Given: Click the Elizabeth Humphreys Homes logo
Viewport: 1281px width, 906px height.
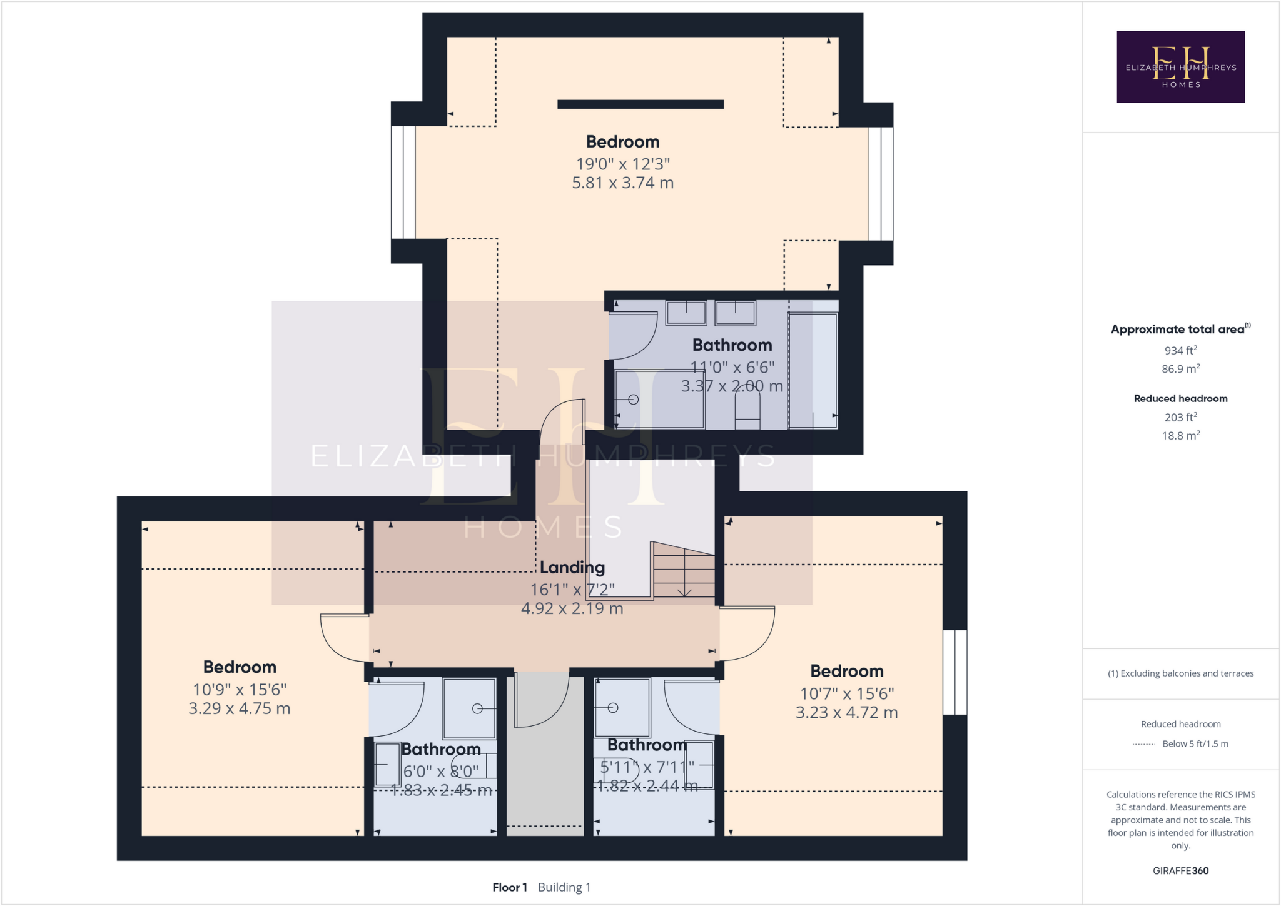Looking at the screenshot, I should pyautogui.click(x=1180, y=67).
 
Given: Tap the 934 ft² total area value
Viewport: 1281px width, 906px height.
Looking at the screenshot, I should pyautogui.click(x=1180, y=351).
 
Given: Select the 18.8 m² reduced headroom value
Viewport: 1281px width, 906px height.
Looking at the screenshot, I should pyautogui.click(x=1180, y=436).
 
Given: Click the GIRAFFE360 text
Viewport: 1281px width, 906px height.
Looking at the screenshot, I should pyautogui.click(x=1180, y=871).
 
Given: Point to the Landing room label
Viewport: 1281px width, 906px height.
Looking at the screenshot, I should pyautogui.click(x=572, y=568).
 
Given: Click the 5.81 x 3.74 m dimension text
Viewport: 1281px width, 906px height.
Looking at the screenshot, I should pyautogui.click(x=622, y=183).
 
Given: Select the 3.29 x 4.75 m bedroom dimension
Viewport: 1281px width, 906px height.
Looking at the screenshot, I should pyautogui.click(x=240, y=709).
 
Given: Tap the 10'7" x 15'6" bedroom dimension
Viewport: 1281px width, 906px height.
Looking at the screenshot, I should pyautogui.click(x=846, y=694).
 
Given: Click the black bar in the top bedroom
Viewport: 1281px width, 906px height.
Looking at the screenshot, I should pyautogui.click(x=640, y=104).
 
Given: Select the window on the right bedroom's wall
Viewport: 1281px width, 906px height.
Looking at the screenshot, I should pyautogui.click(x=954, y=672).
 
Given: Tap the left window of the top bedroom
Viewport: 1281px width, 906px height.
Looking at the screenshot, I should pyautogui.click(x=403, y=183).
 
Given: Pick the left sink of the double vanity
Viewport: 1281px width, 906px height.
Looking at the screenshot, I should pyautogui.click(x=686, y=312).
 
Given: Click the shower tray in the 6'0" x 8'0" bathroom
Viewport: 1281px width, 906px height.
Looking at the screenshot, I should pyautogui.click(x=469, y=708).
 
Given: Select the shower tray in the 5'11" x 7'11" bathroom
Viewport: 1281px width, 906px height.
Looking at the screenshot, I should pyautogui.click(x=622, y=707).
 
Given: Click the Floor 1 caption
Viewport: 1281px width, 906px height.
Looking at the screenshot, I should pyautogui.click(x=509, y=887).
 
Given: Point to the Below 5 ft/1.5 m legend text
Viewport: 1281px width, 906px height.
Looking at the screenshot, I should pyautogui.click(x=1195, y=744).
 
